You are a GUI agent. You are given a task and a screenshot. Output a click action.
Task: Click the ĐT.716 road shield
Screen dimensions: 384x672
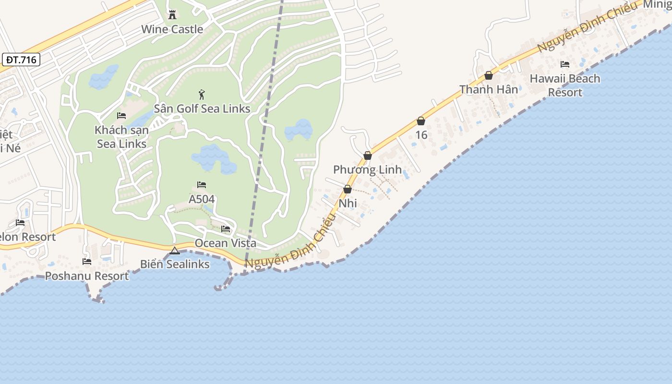[21, 60]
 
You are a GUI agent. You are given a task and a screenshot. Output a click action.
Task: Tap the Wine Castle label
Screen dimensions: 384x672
[172, 29]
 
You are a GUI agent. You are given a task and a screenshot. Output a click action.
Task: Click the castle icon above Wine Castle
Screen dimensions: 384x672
[172, 15]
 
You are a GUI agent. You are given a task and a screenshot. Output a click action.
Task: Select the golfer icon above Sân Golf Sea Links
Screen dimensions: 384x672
[202, 95]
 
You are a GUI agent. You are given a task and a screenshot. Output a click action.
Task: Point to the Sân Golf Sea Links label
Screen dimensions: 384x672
[202, 109]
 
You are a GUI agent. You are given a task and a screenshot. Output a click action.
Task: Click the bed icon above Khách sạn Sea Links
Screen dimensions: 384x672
[121, 116]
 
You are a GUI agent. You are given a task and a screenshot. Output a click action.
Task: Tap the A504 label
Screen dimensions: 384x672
[202, 199]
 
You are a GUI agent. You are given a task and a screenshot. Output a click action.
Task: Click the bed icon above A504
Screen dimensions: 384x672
[202, 185]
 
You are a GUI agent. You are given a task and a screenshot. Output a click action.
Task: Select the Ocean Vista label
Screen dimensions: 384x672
[225, 243]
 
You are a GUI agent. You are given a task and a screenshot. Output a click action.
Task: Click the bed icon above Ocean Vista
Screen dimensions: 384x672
[226, 229]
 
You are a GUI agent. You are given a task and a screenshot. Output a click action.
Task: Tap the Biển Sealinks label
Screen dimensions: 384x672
[175, 264]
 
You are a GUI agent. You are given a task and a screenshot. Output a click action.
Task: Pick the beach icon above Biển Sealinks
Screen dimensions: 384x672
[175, 251]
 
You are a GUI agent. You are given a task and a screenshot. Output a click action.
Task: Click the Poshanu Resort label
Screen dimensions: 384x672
[87, 276]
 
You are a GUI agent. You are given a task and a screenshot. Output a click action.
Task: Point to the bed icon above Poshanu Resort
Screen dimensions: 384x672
[87, 262]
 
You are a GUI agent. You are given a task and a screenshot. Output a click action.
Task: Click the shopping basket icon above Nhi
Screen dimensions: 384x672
[348, 190]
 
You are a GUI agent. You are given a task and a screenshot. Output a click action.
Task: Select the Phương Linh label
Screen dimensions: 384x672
[367, 170]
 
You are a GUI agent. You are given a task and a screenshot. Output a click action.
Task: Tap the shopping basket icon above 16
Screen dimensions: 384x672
[421, 121]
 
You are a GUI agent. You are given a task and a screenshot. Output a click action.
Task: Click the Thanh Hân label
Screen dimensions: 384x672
[489, 90]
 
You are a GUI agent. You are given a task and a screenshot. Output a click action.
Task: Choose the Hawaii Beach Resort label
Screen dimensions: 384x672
[565, 85]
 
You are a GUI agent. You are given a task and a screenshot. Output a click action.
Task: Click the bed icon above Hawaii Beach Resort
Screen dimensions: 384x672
[565, 64]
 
